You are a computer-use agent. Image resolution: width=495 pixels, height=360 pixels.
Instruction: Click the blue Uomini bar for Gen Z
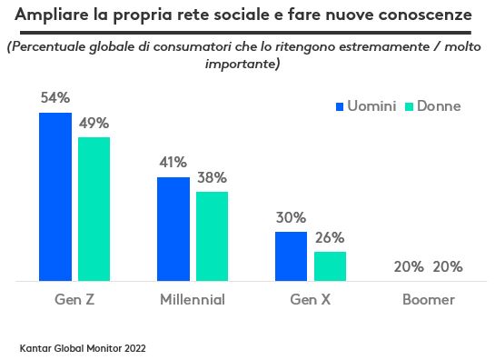[x=54, y=196]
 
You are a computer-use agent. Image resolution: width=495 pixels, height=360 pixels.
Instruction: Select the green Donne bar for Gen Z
[x=94, y=208]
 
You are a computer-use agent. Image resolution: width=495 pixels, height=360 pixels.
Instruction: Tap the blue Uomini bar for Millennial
[x=173, y=229]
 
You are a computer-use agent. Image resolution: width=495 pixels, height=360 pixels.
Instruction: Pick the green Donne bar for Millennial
[x=212, y=236]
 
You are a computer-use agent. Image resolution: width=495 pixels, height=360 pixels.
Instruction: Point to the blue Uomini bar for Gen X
[x=292, y=256]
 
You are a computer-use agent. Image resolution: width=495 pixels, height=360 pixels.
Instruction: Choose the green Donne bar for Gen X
[x=330, y=266]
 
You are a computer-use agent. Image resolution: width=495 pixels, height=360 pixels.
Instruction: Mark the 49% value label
[x=94, y=122]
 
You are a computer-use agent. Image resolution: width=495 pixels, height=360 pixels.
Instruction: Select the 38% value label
[x=213, y=177]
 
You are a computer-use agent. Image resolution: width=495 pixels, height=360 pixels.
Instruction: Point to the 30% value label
[x=291, y=217]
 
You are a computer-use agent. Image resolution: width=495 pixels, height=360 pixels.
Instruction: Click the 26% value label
[x=330, y=237]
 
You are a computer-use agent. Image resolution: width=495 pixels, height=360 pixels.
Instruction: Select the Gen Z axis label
[x=74, y=300]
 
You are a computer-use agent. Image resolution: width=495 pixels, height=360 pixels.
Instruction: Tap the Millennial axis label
[x=192, y=300]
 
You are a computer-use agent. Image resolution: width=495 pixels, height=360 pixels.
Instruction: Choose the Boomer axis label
[x=428, y=300]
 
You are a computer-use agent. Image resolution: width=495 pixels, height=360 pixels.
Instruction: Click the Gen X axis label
[x=310, y=300]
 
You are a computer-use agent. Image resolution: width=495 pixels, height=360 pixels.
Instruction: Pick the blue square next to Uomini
[x=341, y=106]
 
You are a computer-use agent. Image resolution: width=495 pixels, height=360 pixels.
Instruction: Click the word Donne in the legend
[x=439, y=106]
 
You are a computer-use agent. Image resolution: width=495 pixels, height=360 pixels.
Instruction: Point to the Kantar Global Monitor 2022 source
[x=82, y=347]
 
